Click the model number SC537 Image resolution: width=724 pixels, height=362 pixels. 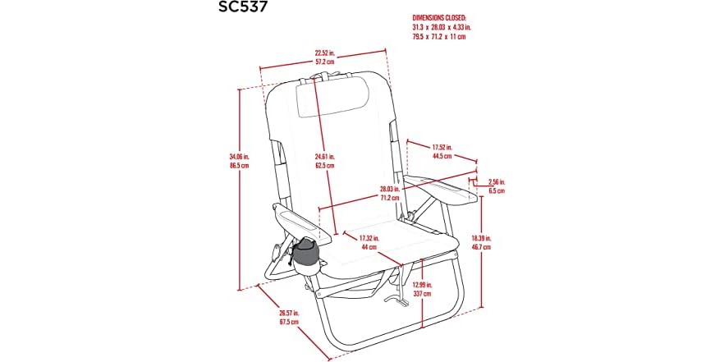pyautogui.click(x=243, y=7)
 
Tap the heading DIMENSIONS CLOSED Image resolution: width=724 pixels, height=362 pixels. pyautogui.click(x=439, y=18)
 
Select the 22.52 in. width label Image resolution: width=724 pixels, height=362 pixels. pyautogui.click(x=324, y=53)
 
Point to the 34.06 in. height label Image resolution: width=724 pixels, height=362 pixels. pyautogui.click(x=239, y=157)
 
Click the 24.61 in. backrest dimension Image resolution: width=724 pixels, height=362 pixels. pyautogui.click(x=325, y=157)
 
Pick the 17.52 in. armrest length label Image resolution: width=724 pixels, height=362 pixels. pyautogui.click(x=442, y=148)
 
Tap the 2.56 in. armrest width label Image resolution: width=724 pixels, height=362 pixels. pyautogui.click(x=497, y=182)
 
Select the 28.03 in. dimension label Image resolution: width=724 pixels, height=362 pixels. pyautogui.click(x=389, y=190)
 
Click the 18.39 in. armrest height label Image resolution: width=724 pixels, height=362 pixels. pyautogui.click(x=481, y=239)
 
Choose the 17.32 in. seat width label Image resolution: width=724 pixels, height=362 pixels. pyautogui.click(x=369, y=239)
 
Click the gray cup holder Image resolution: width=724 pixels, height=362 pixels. pyautogui.click(x=305, y=257)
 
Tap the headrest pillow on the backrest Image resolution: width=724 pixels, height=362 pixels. pyautogui.click(x=332, y=97)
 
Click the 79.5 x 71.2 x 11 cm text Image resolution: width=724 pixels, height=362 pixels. pyautogui.click(x=438, y=37)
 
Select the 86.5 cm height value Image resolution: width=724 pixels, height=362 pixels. pyautogui.click(x=239, y=165)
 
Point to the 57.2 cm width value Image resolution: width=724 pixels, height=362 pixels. pyautogui.click(x=324, y=62)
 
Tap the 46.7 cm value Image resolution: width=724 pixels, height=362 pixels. pyautogui.click(x=481, y=247)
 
